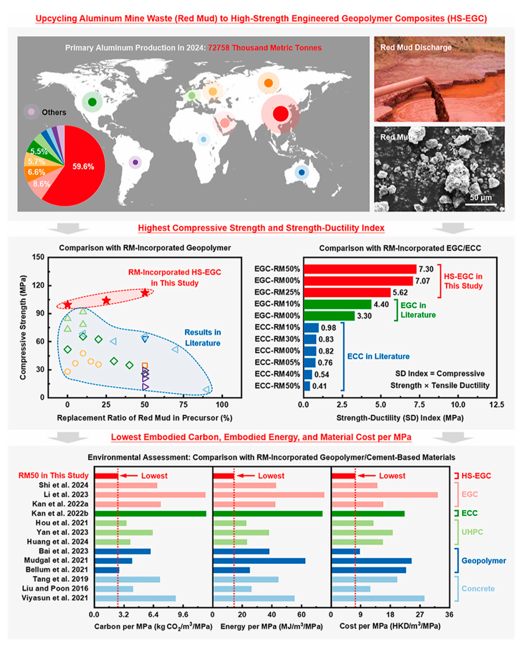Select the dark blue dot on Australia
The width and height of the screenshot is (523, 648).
[302, 172]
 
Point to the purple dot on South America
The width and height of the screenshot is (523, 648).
[135, 162]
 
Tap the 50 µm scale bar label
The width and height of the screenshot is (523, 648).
[481, 197]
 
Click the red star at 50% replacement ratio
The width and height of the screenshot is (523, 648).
[145, 292]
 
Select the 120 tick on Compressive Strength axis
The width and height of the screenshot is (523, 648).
[38, 285]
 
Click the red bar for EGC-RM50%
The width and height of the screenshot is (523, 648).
[360, 269]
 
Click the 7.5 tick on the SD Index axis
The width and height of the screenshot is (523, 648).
[419, 405]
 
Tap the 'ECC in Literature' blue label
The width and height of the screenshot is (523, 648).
[378, 357]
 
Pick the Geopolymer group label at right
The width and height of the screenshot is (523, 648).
[483, 561]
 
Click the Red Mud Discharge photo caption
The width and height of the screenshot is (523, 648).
[416, 48]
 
